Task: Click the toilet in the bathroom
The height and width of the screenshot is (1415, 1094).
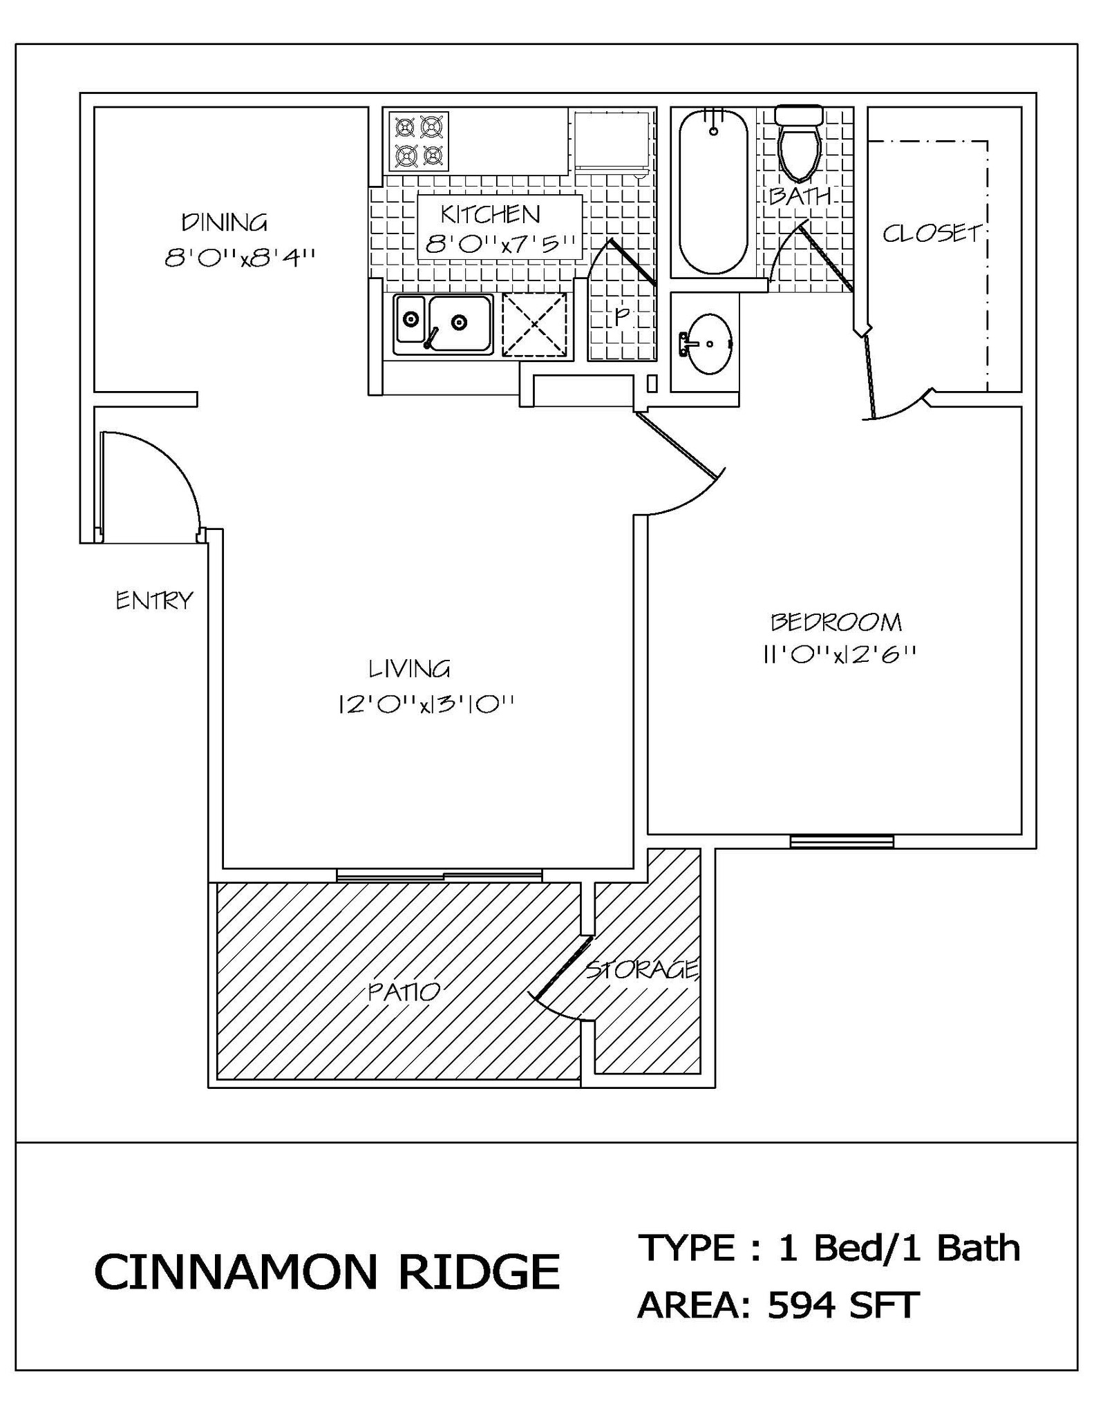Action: click(x=799, y=143)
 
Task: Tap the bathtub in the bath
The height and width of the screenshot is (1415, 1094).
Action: click(x=713, y=191)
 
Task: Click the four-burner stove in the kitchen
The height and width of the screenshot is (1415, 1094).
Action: click(x=418, y=142)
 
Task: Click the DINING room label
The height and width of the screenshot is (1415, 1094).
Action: click(x=224, y=222)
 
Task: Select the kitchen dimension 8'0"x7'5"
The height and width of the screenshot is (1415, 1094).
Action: click(x=500, y=244)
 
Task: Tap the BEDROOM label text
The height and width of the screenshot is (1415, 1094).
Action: click(x=836, y=622)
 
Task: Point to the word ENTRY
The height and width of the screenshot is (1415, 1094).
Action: click(x=154, y=600)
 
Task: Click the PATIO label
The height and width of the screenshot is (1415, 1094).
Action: click(x=404, y=992)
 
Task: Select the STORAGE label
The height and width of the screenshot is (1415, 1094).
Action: click(x=642, y=970)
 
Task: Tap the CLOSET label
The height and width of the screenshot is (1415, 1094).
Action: click(x=932, y=234)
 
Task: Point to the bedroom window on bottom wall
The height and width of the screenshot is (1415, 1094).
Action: click(x=841, y=841)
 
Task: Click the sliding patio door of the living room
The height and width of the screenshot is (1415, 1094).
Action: click(x=440, y=875)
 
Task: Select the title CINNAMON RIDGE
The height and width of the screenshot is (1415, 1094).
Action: click(x=326, y=1272)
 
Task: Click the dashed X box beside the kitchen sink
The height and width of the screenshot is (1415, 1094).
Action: click(x=534, y=325)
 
